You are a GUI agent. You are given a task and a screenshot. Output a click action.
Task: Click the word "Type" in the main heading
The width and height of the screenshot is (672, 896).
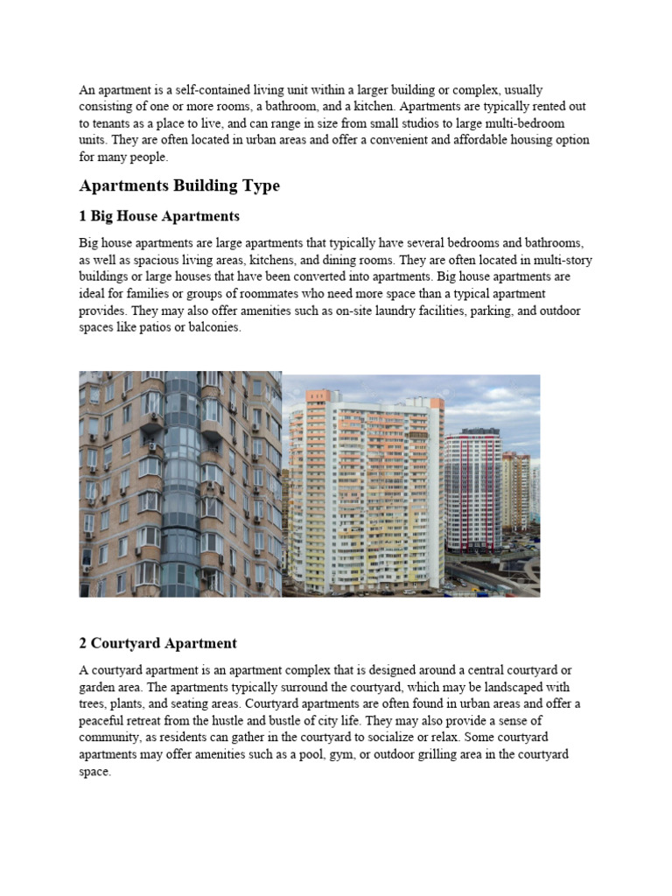pos(257,186)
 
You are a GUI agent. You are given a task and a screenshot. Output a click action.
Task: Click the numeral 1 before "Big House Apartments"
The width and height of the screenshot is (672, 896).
pos(83,216)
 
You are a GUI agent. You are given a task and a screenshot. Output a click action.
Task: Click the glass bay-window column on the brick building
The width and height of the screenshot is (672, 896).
pos(182,481)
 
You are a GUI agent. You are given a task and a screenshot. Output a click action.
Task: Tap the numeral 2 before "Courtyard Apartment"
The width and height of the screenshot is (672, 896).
pos(83,643)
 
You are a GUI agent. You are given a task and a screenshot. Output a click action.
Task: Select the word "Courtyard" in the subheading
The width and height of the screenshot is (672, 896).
pos(121,643)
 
